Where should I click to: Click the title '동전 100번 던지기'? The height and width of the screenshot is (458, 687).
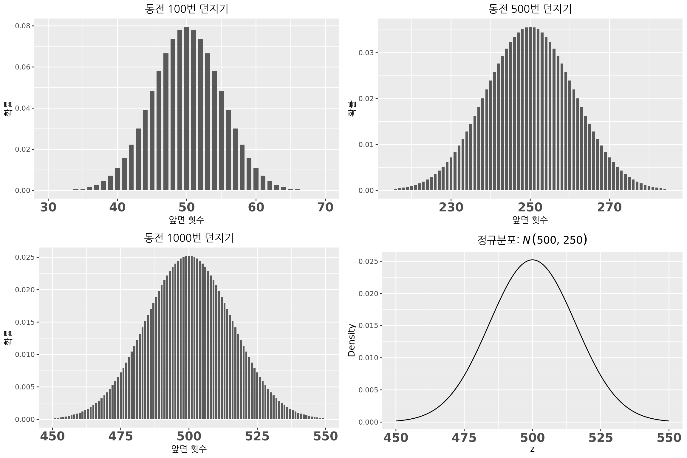pyautogui.click(x=186, y=9)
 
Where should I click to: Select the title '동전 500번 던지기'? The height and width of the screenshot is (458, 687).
pyautogui.click(x=530, y=9)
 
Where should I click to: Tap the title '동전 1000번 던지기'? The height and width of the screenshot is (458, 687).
pyautogui.click(x=189, y=238)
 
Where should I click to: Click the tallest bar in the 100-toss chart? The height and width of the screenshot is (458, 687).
pyautogui.click(x=187, y=109)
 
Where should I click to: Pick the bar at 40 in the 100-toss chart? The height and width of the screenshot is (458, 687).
pyautogui.click(x=117, y=179)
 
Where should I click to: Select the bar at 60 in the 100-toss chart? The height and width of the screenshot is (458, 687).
pyautogui.click(x=256, y=179)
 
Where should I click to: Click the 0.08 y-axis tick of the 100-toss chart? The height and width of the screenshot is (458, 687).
pyautogui.click(x=22, y=26)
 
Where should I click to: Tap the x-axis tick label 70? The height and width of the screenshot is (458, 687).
pyautogui.click(x=325, y=208)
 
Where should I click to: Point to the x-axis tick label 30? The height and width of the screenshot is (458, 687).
pyautogui.click(x=48, y=208)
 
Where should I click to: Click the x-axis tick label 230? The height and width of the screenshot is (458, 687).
pyautogui.click(x=451, y=208)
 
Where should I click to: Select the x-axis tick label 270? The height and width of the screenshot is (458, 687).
pyautogui.click(x=609, y=208)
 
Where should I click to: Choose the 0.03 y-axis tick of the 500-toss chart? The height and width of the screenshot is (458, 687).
pyautogui.click(x=366, y=53)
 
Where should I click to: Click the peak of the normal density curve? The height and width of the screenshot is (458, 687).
pyautogui.click(x=532, y=260)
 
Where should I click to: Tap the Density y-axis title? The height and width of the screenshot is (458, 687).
pyautogui.click(x=352, y=340)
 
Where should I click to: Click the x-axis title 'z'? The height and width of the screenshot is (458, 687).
pyautogui.click(x=532, y=449)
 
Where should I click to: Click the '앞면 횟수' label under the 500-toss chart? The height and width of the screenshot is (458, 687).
pyautogui.click(x=530, y=220)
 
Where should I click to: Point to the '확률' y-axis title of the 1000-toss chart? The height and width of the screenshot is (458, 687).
pyautogui.click(x=8, y=338)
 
